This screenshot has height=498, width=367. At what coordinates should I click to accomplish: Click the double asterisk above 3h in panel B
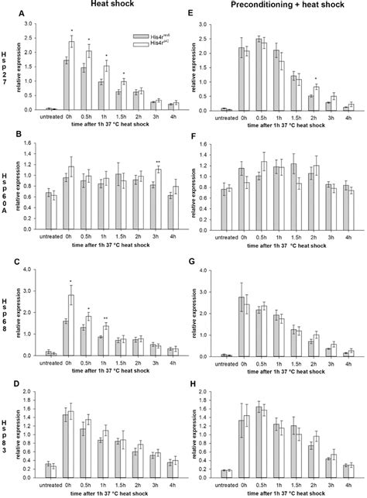[156, 164]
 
